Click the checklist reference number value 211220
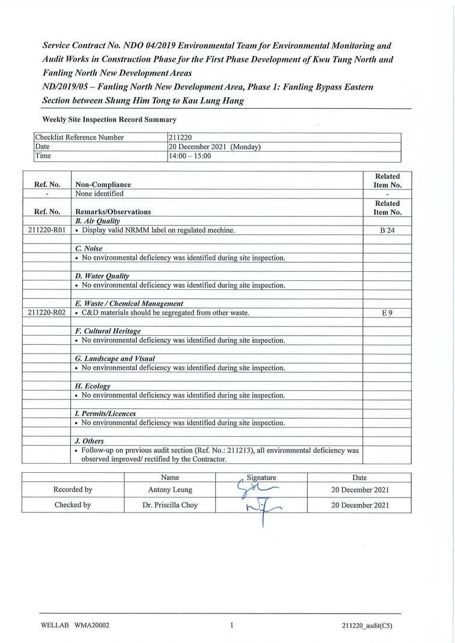click(180, 137)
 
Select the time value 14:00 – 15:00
click(191, 156)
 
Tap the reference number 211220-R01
click(46, 230)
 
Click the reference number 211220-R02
click(46, 313)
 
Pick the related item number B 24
click(387, 230)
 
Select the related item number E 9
click(387, 313)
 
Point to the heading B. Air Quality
click(99, 221)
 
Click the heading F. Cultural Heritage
click(108, 331)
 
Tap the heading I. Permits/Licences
click(105, 414)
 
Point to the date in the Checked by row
click(359, 505)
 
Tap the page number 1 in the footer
click(231, 625)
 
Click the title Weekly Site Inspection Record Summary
click(109, 120)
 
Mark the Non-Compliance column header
click(103, 185)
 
